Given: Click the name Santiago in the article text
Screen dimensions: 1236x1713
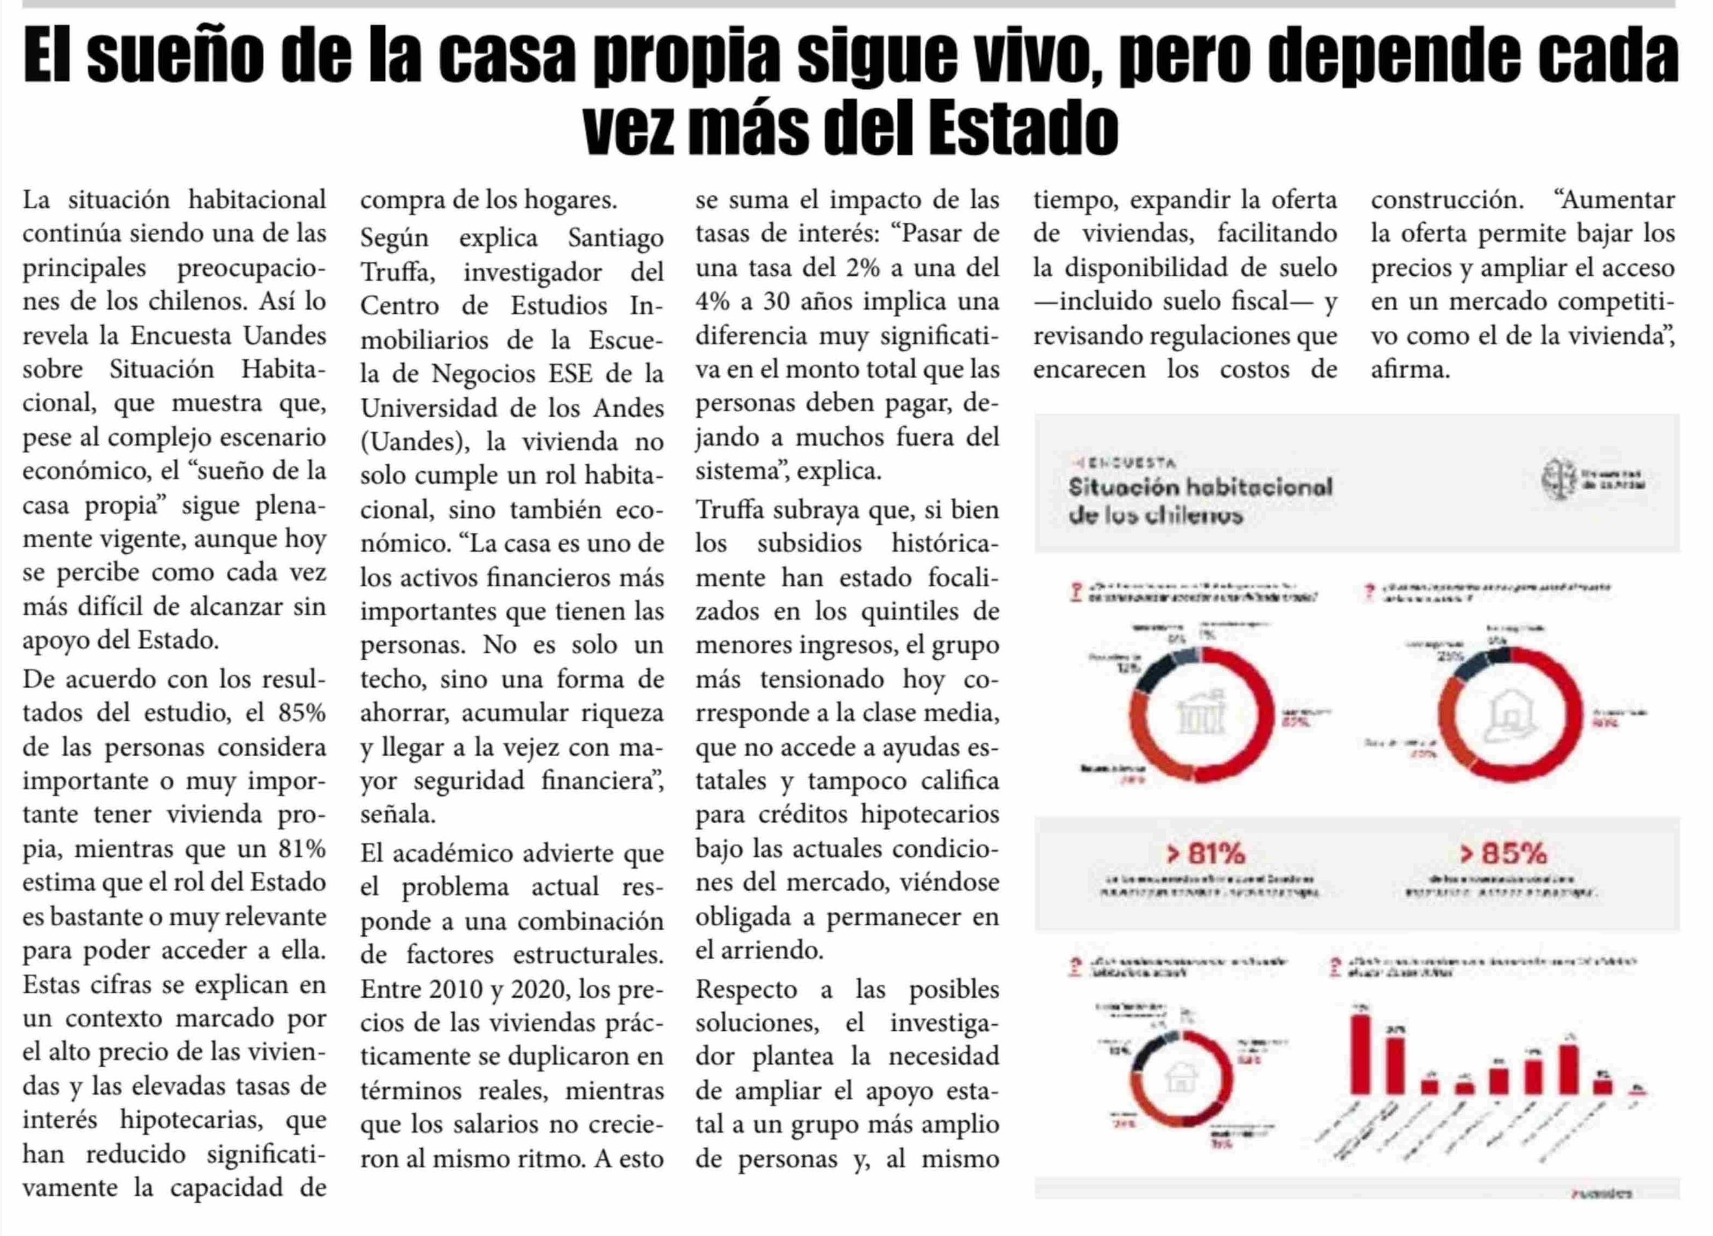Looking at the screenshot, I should click(615, 238).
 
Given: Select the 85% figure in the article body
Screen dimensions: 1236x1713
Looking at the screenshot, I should click(301, 712).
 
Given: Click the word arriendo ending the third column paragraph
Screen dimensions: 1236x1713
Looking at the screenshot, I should click(758, 950).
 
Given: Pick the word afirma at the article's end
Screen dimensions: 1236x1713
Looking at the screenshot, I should click(1410, 369).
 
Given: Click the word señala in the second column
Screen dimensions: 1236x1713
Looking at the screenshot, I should click(397, 815).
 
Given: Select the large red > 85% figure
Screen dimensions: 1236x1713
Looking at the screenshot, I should click(1503, 854).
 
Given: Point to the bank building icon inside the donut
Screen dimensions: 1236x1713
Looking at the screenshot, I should click(1202, 714).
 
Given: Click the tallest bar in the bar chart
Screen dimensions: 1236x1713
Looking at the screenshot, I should click(1360, 1054).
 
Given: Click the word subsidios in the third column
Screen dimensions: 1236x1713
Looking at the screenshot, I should click(809, 543).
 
